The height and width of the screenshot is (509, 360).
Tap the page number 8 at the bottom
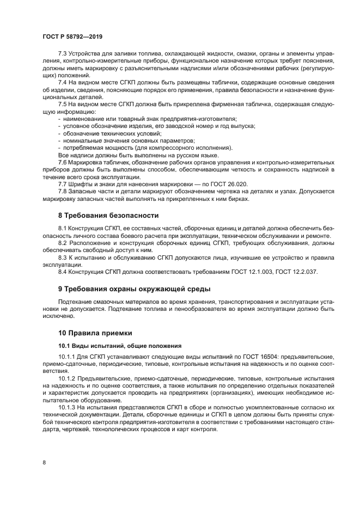[x=44, y=462]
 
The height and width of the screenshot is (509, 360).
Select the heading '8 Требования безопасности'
[x=108, y=215]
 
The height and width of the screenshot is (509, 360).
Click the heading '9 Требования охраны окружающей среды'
[x=134, y=288]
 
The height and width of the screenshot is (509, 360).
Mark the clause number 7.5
[x=63, y=103]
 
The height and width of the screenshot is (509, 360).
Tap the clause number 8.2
[x=63, y=242]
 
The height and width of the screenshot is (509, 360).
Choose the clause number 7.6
[x=63, y=162]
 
